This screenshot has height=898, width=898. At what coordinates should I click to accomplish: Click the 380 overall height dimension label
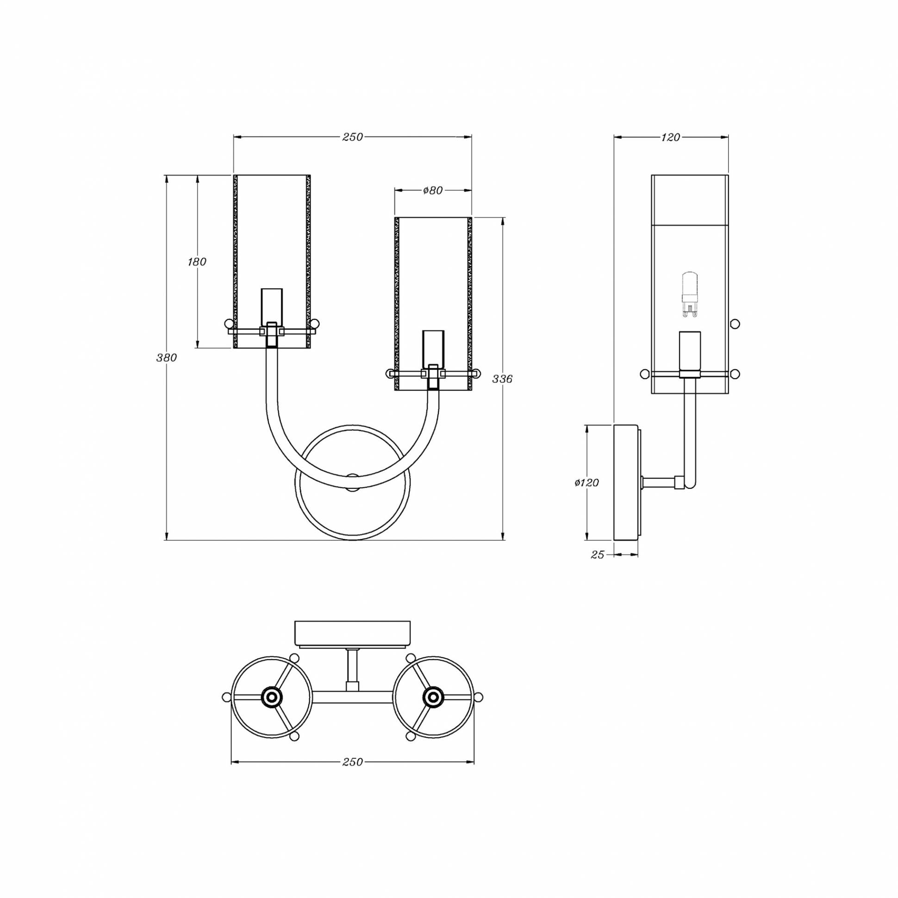(166, 358)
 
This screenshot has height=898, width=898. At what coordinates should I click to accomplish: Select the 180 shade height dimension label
(197, 262)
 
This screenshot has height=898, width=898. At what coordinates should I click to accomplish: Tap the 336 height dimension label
(502, 379)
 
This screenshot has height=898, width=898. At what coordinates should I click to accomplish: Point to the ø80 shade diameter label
(432, 191)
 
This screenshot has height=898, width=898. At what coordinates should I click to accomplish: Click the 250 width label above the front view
(352, 137)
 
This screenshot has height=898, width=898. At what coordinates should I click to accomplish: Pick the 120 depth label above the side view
(670, 137)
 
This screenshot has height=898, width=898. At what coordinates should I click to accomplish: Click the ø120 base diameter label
(586, 483)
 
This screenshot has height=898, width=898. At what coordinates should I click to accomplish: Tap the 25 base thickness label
(597, 555)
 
